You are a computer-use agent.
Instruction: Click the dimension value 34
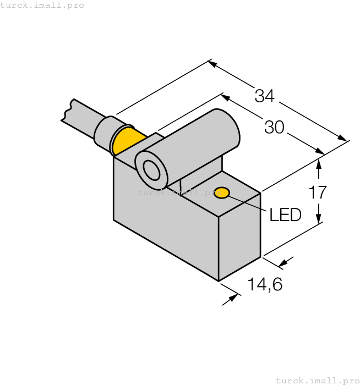click(x=264, y=96)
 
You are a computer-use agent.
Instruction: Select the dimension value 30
click(x=274, y=128)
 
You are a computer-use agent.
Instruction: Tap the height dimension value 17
click(x=318, y=193)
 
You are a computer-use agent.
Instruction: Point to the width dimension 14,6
click(x=264, y=284)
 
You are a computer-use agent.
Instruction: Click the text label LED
click(x=285, y=215)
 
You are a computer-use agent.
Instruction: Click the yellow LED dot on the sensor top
click(x=222, y=193)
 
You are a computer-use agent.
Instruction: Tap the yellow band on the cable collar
click(x=128, y=141)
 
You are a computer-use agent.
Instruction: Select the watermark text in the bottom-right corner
click(x=317, y=380)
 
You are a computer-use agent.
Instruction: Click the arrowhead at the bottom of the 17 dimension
click(x=318, y=218)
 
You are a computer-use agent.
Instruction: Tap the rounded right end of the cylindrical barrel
click(x=231, y=129)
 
